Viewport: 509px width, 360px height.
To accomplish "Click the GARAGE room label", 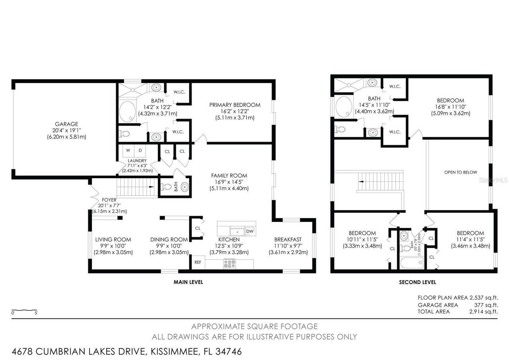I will pyautogui.click(x=66, y=124).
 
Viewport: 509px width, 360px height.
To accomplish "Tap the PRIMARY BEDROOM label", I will pyautogui.click(x=235, y=105).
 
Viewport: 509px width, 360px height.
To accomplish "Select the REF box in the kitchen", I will pyautogui.click(x=198, y=263).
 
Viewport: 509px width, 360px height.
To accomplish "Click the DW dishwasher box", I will pyautogui.click(x=250, y=231).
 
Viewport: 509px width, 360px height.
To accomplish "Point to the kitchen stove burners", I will pyautogui.click(x=229, y=263).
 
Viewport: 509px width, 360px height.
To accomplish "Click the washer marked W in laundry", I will pyautogui.click(x=128, y=150).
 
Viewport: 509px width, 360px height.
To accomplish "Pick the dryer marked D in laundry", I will pyautogui.click(x=140, y=150).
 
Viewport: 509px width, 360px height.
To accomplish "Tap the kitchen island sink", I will pyautogui.click(x=237, y=231).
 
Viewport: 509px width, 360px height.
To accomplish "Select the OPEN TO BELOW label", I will pyautogui.click(x=460, y=172).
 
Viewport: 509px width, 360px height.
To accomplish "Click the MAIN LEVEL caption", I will pyautogui.click(x=188, y=282).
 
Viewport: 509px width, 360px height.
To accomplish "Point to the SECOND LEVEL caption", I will pyautogui.click(x=417, y=282).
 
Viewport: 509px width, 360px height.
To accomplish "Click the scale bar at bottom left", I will pyautogui.click(x=25, y=310).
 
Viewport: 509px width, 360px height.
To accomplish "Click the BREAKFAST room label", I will pyautogui.click(x=288, y=239).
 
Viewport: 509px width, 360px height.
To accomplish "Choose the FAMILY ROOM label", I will pyautogui.click(x=229, y=175).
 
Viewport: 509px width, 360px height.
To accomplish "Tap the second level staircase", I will pyautogui.click(x=380, y=181).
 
